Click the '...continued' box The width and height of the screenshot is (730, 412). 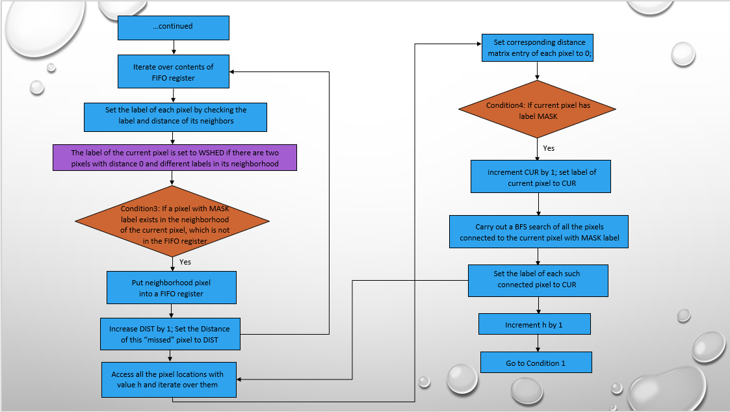pyautogui.click(x=173, y=27)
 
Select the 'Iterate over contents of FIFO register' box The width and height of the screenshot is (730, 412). pyautogui.click(x=173, y=71)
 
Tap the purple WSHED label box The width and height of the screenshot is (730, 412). pyautogui.click(x=174, y=158)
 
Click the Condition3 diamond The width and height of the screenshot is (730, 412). pyautogui.click(x=173, y=220)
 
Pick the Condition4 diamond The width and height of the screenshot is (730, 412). pyautogui.click(x=537, y=109)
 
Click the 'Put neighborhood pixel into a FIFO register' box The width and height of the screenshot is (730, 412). pyautogui.click(x=172, y=288)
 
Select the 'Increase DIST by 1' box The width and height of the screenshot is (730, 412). pyautogui.click(x=170, y=333)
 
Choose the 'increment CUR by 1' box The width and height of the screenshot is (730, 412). pyautogui.click(x=541, y=177)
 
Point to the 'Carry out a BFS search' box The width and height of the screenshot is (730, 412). pyautogui.click(x=539, y=232)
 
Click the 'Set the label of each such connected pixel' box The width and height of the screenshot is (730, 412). pyautogui.click(x=538, y=280)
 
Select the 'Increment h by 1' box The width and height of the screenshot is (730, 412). pyautogui.click(x=534, y=324)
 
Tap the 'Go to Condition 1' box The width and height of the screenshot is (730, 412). pyautogui.click(x=536, y=363)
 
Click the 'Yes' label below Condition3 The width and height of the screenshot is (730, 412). pyautogui.click(x=185, y=262)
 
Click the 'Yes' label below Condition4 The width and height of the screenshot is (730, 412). pyautogui.click(x=549, y=148)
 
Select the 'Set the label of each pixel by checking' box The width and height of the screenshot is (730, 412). pyautogui.click(x=176, y=115)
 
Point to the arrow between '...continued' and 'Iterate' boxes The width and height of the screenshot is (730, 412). pyautogui.click(x=173, y=47)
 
